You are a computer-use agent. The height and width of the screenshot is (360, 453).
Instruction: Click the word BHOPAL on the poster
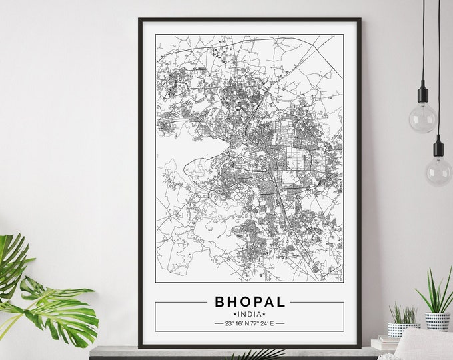[x=250, y=301]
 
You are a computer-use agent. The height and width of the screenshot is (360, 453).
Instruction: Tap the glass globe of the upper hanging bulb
[x=422, y=117]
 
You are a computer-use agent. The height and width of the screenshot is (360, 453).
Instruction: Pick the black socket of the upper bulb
[x=422, y=94]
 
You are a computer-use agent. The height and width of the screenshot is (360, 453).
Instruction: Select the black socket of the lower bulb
[x=438, y=148]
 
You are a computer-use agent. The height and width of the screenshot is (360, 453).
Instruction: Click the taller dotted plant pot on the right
[x=438, y=321]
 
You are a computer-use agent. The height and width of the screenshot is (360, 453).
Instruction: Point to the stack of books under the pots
[x=385, y=343]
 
